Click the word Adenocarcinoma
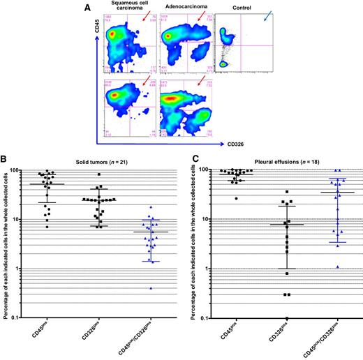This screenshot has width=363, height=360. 184,12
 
